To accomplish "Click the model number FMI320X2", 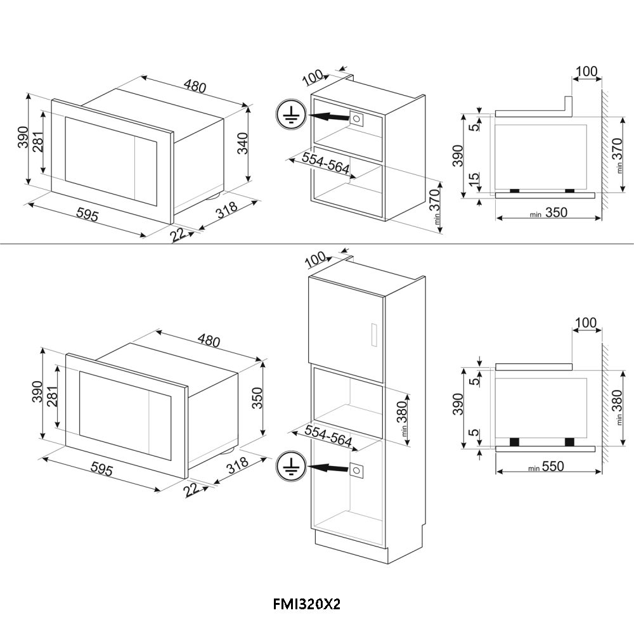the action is pos(307,604).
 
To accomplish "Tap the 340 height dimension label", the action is pos(242,143).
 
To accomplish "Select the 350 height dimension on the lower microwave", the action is pos(257,398).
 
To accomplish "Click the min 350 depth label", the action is pos(548,212).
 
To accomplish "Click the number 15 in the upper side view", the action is pos(475,178).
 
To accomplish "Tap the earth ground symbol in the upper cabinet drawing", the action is pos(290,115).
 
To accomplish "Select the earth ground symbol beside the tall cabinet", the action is pos(290,467).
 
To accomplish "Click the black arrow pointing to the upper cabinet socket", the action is pos(328,117).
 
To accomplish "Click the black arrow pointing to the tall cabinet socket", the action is pos(328,469).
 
